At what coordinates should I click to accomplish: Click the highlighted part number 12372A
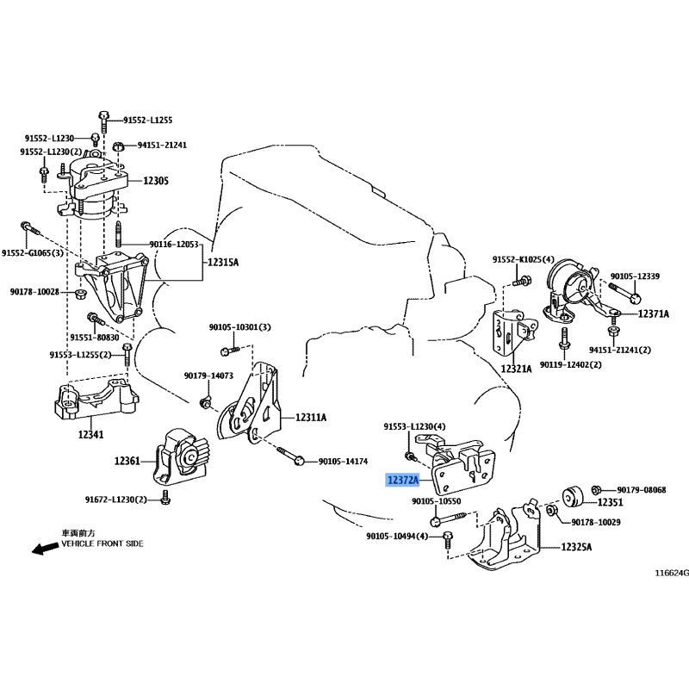(x=402, y=480)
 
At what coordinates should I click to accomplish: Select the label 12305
(x=156, y=181)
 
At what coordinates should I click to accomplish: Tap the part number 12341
(x=91, y=435)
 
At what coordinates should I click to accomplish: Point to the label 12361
(x=127, y=461)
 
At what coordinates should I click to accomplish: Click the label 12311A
(x=311, y=417)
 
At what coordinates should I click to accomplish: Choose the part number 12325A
(x=576, y=547)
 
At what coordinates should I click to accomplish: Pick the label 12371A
(x=654, y=313)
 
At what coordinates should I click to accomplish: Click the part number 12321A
(x=516, y=369)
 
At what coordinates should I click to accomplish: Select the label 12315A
(x=223, y=263)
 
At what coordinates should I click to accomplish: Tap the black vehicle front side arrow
(x=45, y=548)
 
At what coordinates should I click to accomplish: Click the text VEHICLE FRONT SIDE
(x=102, y=543)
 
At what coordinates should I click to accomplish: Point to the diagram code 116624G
(x=672, y=573)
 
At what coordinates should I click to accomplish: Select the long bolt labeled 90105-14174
(x=291, y=456)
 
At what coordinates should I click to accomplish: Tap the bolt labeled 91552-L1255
(x=103, y=121)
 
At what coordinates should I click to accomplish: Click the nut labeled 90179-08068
(x=596, y=489)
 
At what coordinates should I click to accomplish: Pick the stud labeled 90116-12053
(x=119, y=235)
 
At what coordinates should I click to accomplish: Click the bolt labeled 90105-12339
(x=625, y=293)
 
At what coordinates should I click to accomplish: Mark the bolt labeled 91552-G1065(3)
(x=30, y=229)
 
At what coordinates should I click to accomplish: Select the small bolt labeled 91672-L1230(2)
(x=165, y=498)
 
